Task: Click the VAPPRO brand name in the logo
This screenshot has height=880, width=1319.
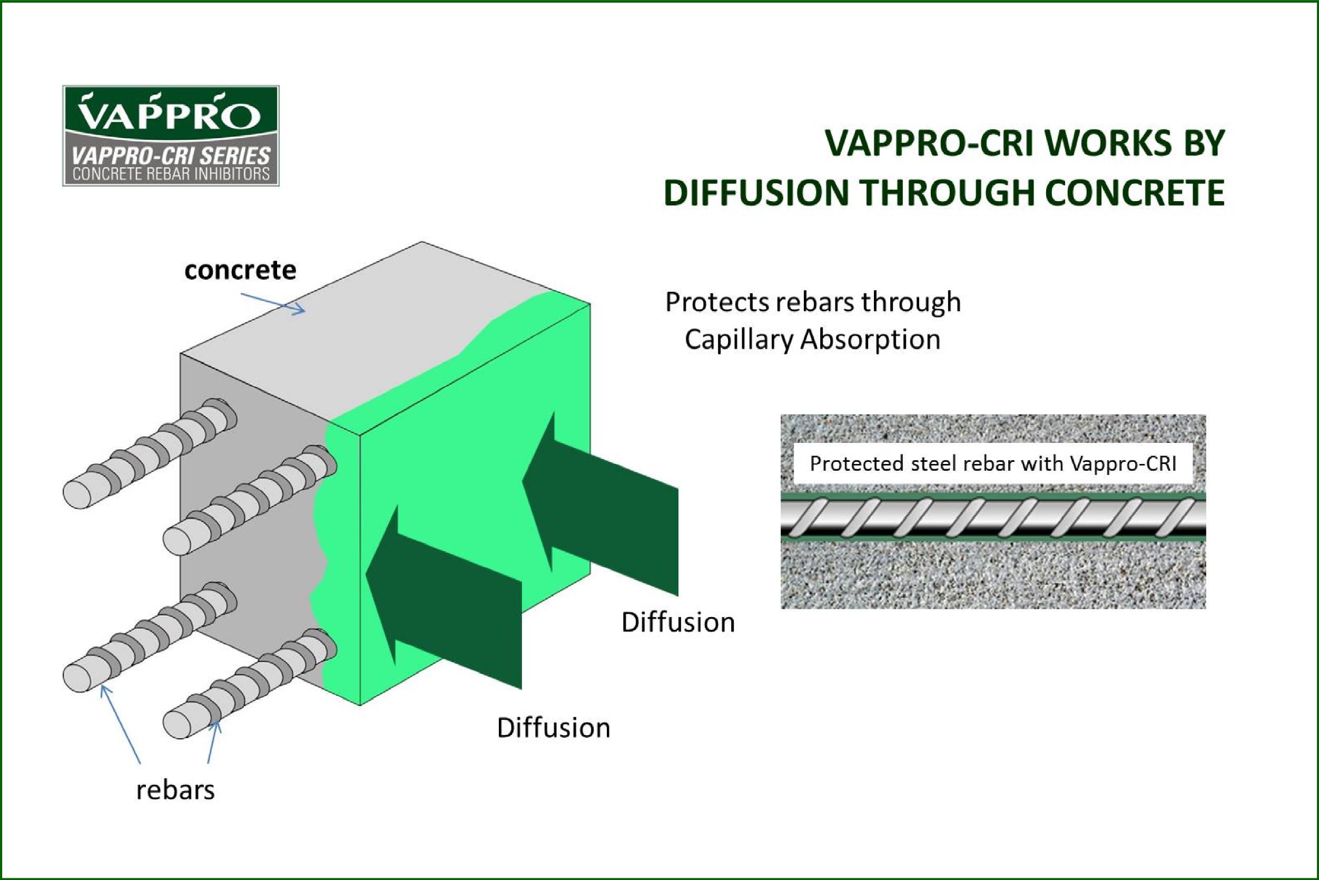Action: [170, 113]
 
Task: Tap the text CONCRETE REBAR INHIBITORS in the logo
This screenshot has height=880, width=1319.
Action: [171, 174]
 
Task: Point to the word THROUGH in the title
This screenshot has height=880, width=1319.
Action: [948, 193]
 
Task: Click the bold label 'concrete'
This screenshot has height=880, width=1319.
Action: [240, 271]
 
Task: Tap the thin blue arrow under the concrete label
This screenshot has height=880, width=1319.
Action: [273, 302]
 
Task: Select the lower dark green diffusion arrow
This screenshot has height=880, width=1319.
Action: [444, 596]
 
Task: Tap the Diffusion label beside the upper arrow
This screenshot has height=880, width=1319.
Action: [678, 622]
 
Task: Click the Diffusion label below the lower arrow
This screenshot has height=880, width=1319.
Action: [554, 728]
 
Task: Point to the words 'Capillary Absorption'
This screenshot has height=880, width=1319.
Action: [813, 340]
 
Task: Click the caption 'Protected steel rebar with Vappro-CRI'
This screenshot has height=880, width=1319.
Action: [993, 463]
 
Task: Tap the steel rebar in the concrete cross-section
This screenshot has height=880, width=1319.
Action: [993, 518]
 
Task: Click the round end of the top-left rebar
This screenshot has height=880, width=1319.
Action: [77, 495]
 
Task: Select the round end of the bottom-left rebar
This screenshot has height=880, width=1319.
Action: [77, 677]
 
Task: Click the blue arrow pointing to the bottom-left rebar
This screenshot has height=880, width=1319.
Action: [120, 725]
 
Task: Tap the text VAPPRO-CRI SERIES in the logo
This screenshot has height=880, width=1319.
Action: [171, 155]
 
